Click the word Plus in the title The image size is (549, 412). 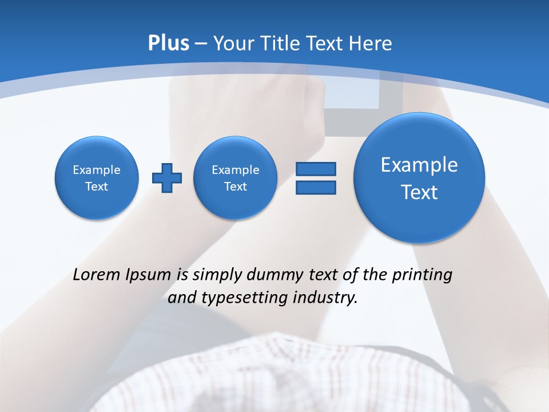click(x=168, y=43)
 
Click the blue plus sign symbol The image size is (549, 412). click(x=167, y=177)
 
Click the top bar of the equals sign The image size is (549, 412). click(x=316, y=169)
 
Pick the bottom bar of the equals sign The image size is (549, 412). click(x=316, y=187)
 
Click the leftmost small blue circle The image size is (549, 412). click(x=97, y=177)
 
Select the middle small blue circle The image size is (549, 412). click(x=235, y=177)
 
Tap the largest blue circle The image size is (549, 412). click(x=419, y=178)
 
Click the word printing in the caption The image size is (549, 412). click(x=421, y=275)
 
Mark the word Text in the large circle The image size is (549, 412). click(x=419, y=192)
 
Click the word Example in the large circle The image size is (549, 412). click(x=419, y=165)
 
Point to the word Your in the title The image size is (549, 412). click(x=232, y=43)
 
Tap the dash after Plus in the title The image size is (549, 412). click(x=201, y=44)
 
